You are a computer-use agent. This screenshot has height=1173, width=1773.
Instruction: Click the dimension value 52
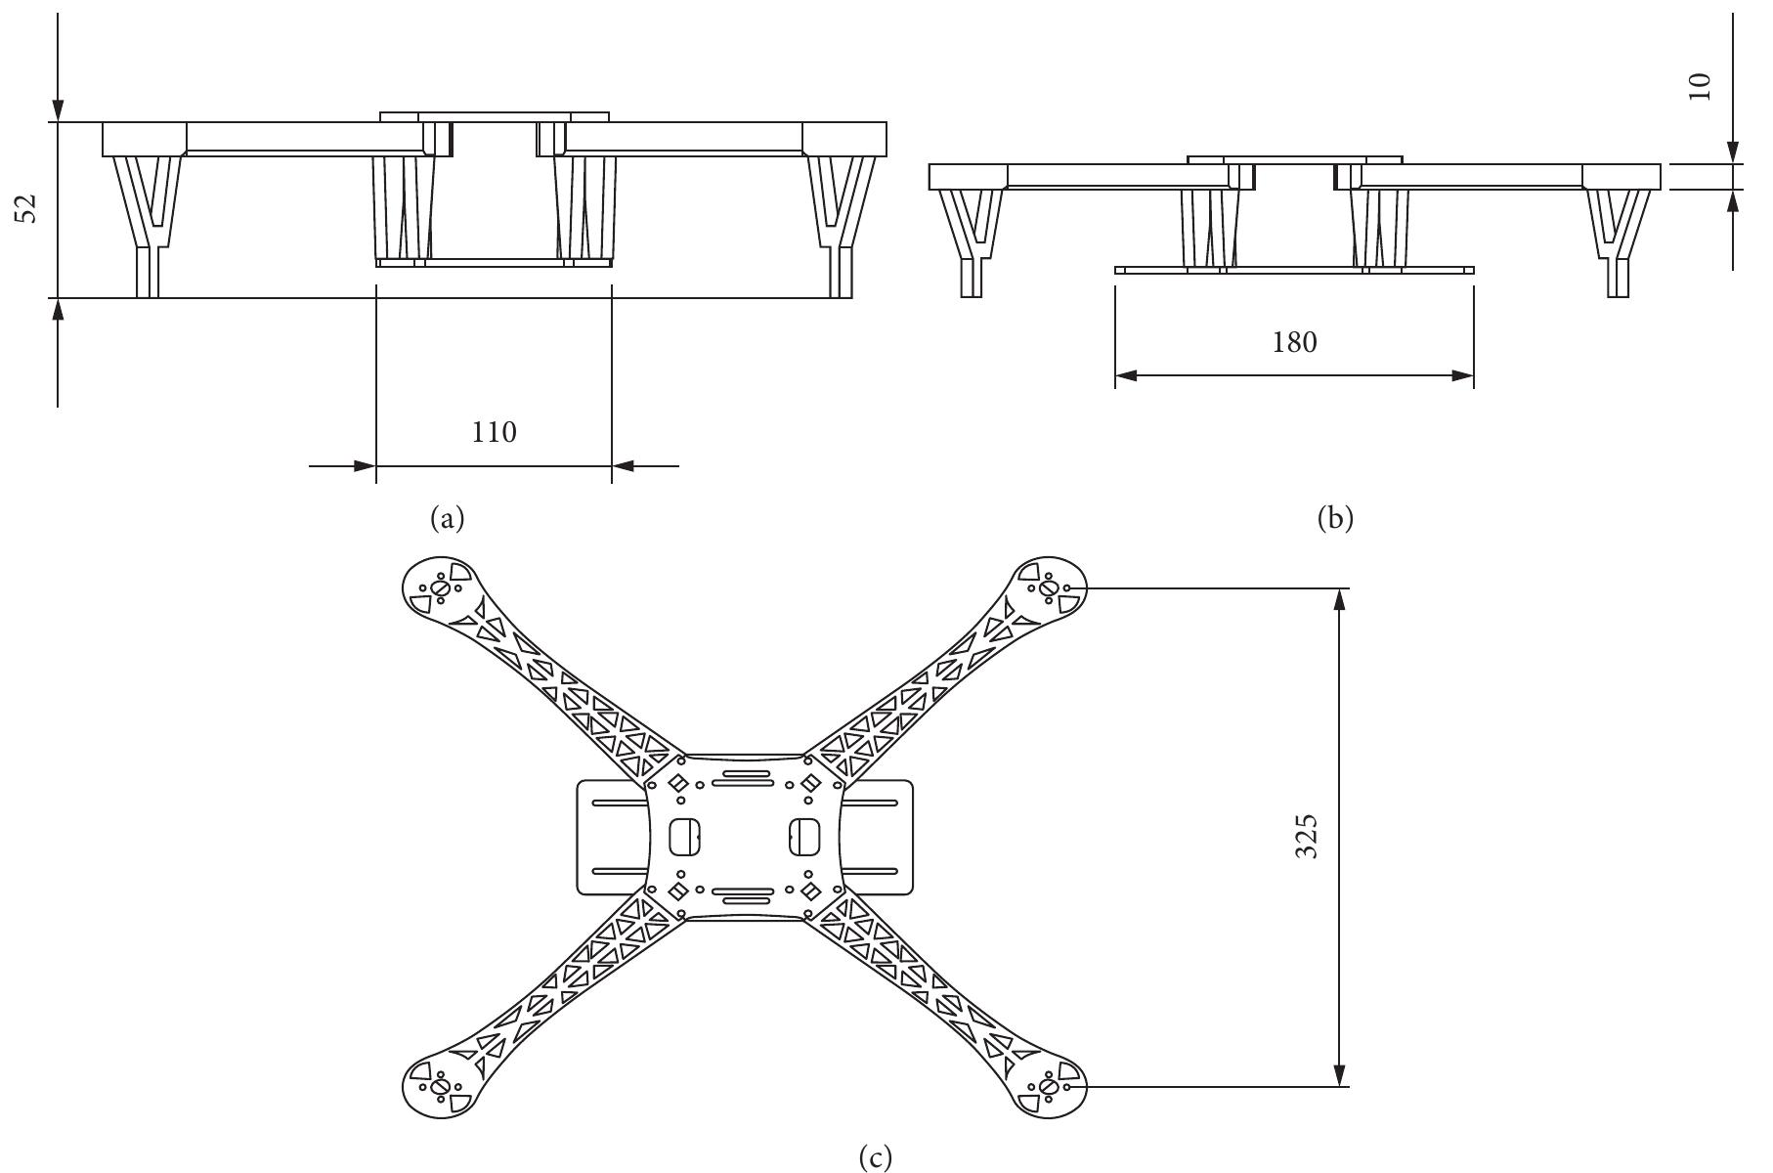click(30, 208)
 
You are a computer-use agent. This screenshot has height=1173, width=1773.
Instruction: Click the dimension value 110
click(494, 431)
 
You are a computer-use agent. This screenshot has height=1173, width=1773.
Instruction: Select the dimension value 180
click(1294, 342)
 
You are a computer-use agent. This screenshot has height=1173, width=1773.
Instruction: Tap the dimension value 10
click(1702, 86)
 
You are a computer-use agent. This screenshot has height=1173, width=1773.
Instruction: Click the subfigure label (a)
click(448, 518)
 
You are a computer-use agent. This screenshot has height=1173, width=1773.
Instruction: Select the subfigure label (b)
click(1335, 518)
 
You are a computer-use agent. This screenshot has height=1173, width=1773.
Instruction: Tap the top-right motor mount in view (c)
click(1047, 588)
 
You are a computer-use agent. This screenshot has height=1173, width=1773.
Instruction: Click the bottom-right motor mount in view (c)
click(1047, 1086)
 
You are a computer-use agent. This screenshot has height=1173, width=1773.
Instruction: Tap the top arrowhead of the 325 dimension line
click(1339, 599)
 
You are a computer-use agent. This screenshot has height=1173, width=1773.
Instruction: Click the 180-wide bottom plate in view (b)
click(1294, 270)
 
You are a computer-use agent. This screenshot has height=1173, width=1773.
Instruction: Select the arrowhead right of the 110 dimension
click(623, 466)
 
